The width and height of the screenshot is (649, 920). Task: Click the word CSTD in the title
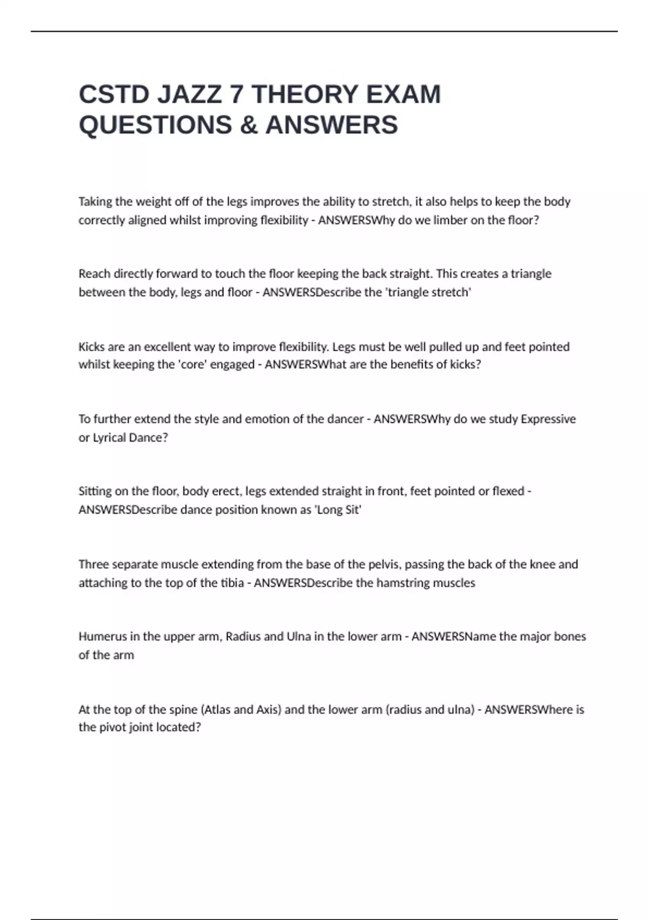(x=114, y=94)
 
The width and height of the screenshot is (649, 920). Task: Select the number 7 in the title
(x=236, y=94)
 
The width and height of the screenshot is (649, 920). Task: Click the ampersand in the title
(x=248, y=125)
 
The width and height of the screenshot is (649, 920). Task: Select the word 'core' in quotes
(x=192, y=364)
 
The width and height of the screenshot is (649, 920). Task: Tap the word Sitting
(x=95, y=491)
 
